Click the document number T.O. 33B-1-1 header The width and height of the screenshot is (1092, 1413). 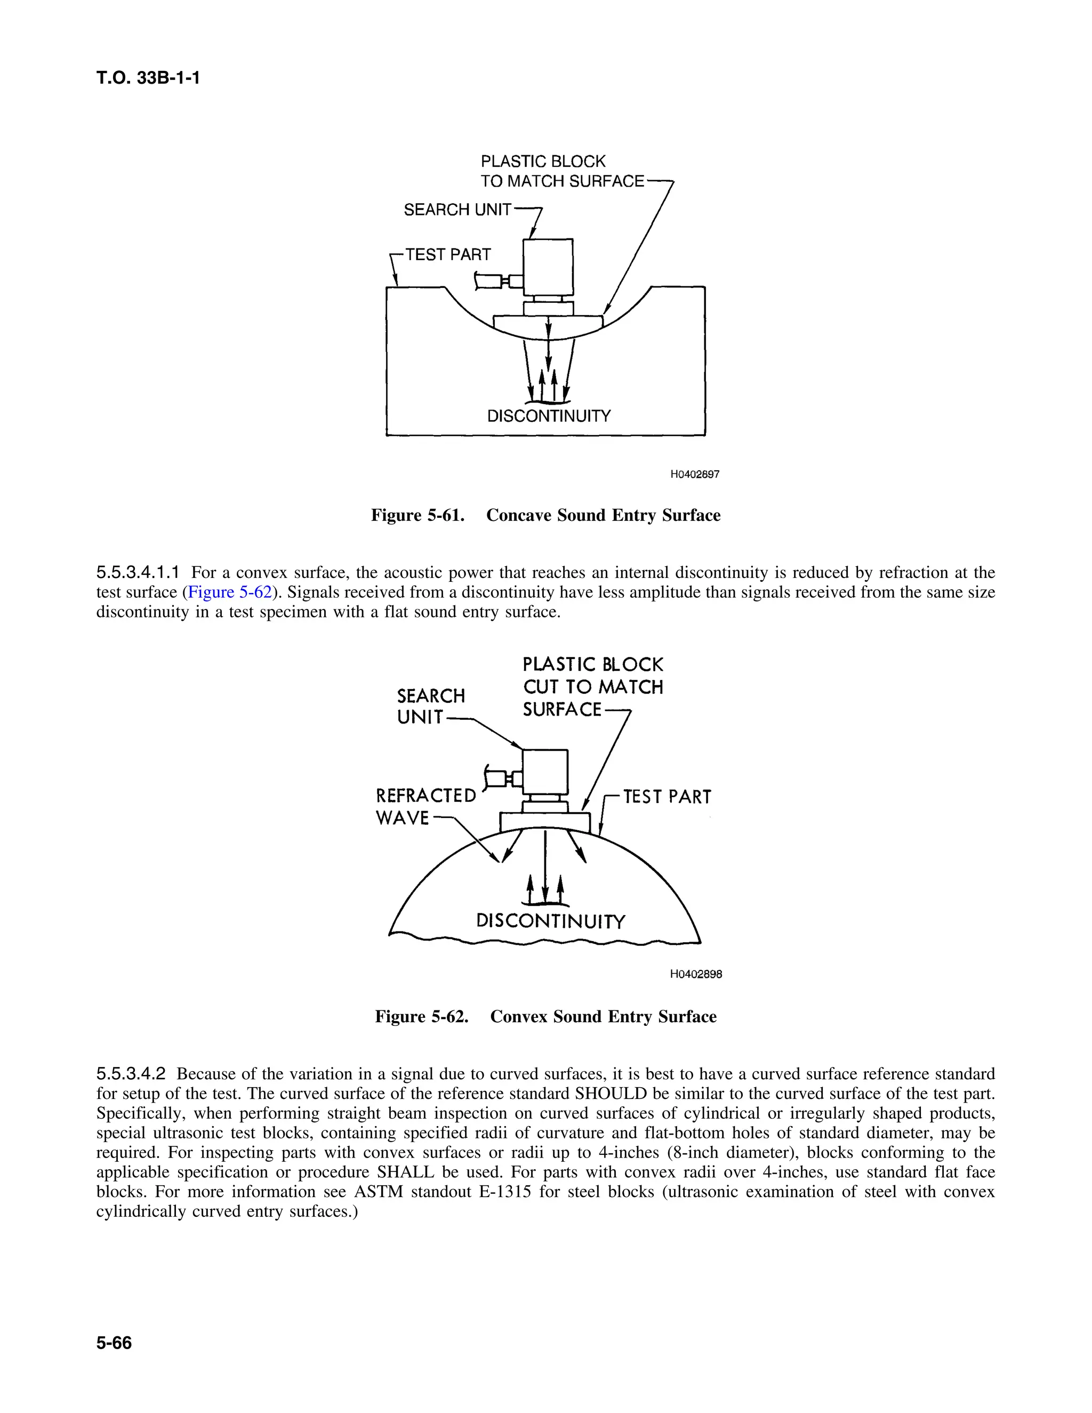tap(148, 78)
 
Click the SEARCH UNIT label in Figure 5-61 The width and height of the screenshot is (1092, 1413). tap(457, 210)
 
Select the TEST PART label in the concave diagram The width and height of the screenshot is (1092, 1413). tap(448, 255)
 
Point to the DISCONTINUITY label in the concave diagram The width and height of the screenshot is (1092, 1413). tap(549, 416)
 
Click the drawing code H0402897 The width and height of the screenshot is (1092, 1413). tap(695, 474)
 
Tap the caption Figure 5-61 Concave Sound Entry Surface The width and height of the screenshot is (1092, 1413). tap(545, 515)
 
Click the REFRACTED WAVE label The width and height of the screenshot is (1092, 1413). tap(425, 807)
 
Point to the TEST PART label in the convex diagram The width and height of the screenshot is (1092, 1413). tap(667, 797)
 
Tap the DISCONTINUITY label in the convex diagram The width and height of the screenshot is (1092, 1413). tap(550, 921)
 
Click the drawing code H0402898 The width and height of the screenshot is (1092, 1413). tap(696, 974)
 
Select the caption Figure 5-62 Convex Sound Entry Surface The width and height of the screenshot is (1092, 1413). tap(545, 1016)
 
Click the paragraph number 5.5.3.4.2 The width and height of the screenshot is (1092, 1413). tap(131, 1074)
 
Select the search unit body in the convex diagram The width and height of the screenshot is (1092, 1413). tap(545, 772)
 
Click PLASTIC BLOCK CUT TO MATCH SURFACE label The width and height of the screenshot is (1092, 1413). tap(592, 687)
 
